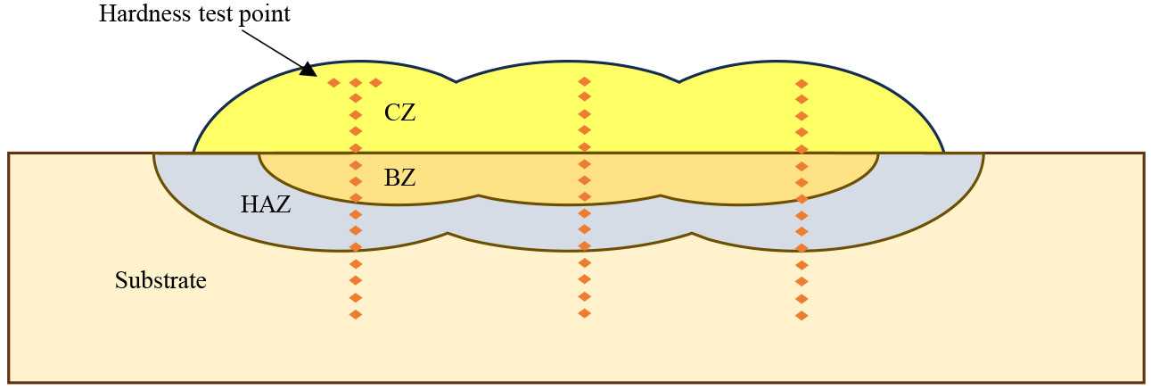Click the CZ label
400,113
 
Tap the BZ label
400,178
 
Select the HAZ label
266,204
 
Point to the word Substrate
160,281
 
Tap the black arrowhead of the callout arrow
308,70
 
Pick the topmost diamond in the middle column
584,81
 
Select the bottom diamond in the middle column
584,313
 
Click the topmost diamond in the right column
802,84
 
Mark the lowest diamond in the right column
802,316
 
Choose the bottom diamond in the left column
356,314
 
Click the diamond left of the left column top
333,83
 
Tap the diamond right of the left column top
376,83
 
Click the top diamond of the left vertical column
356,83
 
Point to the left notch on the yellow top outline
456,81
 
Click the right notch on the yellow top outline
678,81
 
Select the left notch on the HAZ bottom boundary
448,236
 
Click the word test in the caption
211,15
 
